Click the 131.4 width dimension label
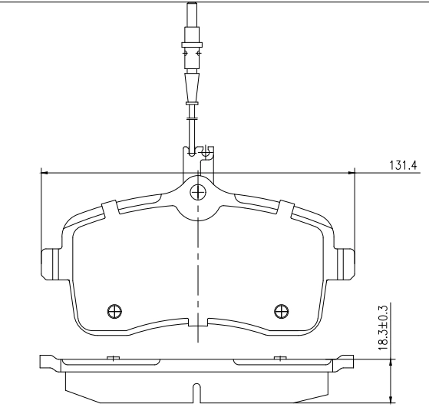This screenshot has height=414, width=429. (403, 165)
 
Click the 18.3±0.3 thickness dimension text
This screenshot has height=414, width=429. (383, 328)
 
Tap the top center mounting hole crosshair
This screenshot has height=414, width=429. (198, 192)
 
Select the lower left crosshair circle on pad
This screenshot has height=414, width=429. (114, 311)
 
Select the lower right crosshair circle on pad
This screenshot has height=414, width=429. (281, 311)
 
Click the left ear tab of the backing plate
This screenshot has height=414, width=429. (50, 264)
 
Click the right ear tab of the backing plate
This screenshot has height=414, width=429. (345, 264)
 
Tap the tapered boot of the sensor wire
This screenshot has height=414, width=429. (192, 88)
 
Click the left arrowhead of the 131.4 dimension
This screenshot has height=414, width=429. (45, 173)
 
